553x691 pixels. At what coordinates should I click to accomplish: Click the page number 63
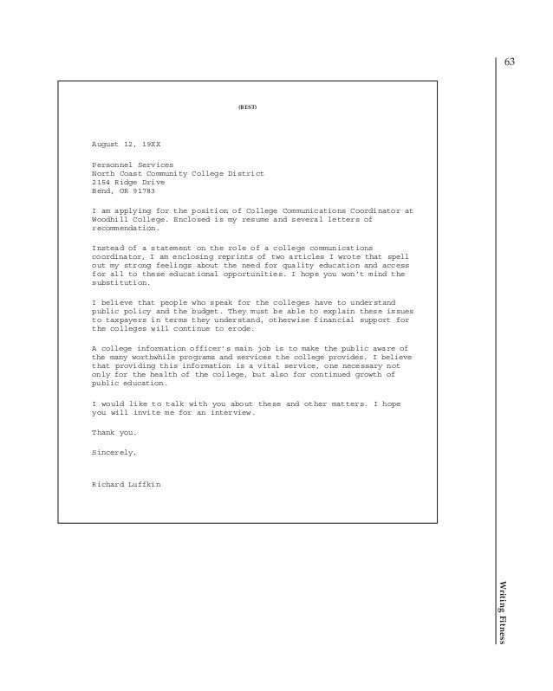pos(509,62)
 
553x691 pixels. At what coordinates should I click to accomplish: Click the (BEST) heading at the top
pos(247,107)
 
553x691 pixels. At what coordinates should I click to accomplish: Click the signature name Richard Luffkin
pos(127,484)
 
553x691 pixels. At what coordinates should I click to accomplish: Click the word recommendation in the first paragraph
pos(125,228)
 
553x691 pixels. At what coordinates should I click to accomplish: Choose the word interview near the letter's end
pos(230,412)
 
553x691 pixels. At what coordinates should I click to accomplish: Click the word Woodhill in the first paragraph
pos(110,219)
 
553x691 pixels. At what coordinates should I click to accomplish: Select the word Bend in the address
pos(101,191)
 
